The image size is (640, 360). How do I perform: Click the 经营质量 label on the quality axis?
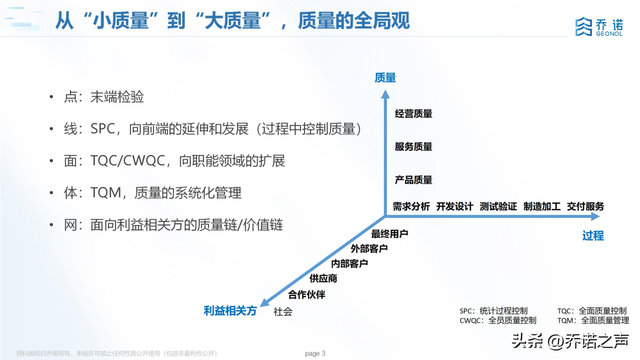(413, 114)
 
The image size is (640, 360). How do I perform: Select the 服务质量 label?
(413, 147)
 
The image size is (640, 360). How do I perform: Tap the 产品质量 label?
(413, 180)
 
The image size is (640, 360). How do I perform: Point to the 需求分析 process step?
(411, 206)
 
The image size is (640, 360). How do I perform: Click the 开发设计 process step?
(454, 206)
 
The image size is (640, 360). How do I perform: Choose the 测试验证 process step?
(498, 206)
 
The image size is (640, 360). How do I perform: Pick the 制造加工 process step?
(541, 206)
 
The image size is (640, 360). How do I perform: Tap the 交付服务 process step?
(585, 206)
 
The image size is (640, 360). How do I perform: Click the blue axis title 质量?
(385, 77)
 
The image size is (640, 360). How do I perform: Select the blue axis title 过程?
(593, 236)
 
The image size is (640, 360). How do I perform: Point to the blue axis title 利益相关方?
(230, 312)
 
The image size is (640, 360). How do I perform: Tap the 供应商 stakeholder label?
(323, 278)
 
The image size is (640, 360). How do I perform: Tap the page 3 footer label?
(314, 352)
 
